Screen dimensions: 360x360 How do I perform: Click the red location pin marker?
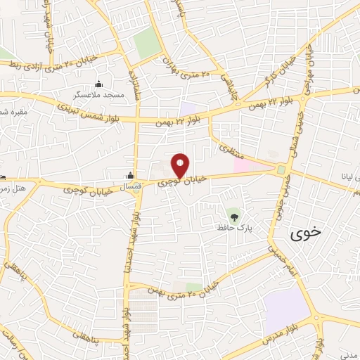[181, 165]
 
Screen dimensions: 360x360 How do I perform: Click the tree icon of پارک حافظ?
[233, 214]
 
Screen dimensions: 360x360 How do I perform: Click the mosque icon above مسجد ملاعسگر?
[98, 82]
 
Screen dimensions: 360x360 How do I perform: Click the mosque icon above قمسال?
[130, 176]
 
